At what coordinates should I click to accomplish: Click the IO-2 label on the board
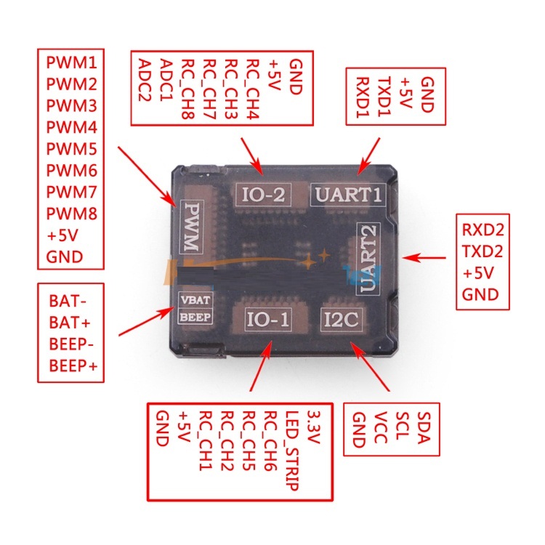[263, 195]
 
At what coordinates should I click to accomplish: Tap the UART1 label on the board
[348, 195]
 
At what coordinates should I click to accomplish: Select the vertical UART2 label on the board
[368, 259]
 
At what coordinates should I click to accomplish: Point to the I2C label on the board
[341, 320]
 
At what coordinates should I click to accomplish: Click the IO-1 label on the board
[267, 319]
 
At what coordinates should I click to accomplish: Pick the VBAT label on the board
[195, 299]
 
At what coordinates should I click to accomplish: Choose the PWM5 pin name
[72, 149]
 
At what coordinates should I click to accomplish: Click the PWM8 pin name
[72, 214]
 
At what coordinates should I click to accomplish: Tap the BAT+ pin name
[70, 323]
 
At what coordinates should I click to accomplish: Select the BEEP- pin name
[71, 344]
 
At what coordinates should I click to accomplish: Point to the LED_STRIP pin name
[292, 451]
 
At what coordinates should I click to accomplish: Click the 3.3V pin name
[313, 428]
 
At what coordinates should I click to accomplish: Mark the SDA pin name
[424, 428]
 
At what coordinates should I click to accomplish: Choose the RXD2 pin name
[483, 230]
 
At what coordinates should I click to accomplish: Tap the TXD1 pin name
[384, 97]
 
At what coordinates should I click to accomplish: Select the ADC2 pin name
[145, 80]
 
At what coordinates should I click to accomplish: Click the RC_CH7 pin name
[209, 89]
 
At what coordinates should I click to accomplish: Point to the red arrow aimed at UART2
[424, 258]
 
